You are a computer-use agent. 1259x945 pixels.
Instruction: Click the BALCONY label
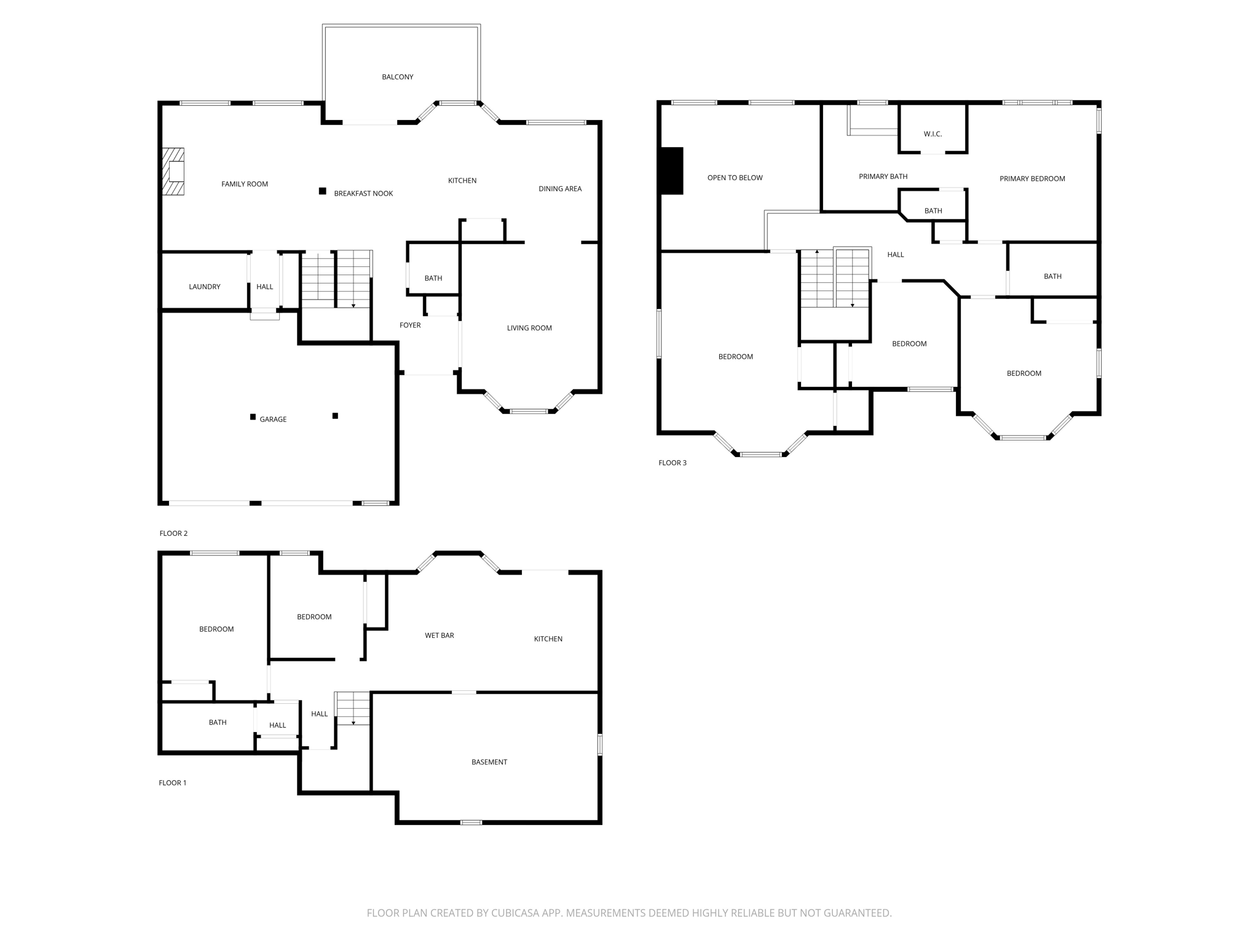pos(397,77)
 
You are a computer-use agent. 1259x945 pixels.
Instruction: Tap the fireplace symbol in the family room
pos(173,172)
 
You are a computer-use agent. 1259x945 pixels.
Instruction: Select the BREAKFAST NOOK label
pos(363,194)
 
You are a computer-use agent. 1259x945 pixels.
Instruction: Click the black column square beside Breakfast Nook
pos(322,191)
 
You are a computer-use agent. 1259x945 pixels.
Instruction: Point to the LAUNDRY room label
pos(204,287)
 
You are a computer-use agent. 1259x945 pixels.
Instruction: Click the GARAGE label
pos(273,420)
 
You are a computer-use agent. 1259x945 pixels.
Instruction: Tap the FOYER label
pos(410,325)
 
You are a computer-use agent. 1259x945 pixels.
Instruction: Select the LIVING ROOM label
pos(529,329)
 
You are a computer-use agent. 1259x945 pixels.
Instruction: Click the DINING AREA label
pos(559,189)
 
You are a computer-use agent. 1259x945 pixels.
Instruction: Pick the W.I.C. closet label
pos(933,134)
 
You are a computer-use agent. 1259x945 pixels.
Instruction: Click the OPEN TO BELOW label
pos(735,178)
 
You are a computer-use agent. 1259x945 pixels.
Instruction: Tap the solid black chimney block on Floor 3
pos(671,171)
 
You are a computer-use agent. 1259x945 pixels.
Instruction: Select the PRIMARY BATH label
pos(883,177)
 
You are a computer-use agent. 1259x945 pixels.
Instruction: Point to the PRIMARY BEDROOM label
pos(1032,179)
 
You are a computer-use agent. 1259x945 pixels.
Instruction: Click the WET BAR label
pos(439,636)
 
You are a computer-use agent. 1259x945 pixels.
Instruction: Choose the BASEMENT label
pos(489,762)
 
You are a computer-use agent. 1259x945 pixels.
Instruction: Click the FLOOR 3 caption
pos(672,463)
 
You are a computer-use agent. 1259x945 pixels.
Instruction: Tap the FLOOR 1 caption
pos(172,783)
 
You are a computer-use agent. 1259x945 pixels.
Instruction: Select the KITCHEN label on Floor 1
pos(548,639)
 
